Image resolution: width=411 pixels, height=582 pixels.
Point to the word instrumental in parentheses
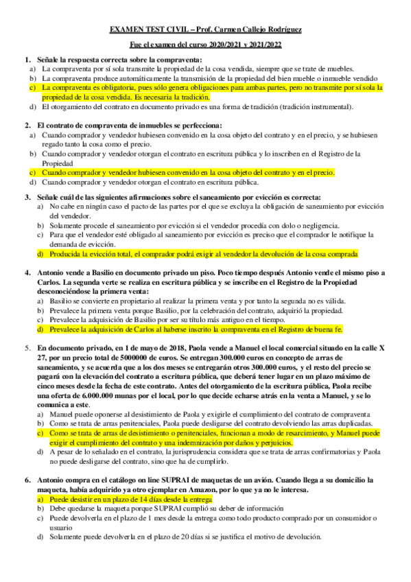click(328, 108)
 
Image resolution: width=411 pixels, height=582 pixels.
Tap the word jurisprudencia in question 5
click(190, 454)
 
